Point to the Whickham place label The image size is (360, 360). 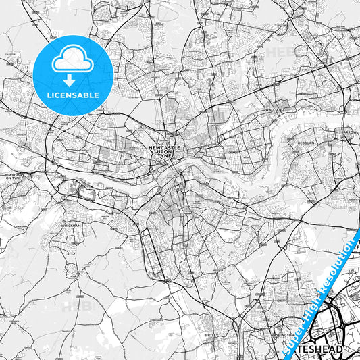coord(70,226)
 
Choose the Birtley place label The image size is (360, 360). coord(211,334)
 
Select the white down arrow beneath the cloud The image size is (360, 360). coord(73,80)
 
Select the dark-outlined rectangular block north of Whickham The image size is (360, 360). coord(86,193)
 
